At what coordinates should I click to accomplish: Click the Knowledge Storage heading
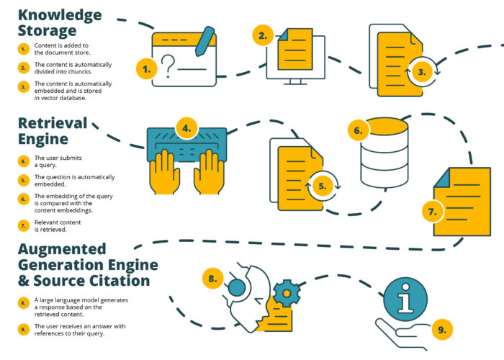pyautogui.click(x=60, y=23)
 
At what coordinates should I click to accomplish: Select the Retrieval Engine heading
pyautogui.click(x=53, y=131)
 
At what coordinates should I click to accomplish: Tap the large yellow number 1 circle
pyautogui.click(x=147, y=69)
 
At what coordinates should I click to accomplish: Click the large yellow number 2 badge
pyautogui.click(x=263, y=35)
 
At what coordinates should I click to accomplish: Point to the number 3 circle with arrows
pyautogui.click(x=422, y=72)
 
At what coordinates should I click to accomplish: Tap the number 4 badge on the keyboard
pyautogui.click(x=186, y=128)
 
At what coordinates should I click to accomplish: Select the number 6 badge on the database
pyautogui.click(x=359, y=130)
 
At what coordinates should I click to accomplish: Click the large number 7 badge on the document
pyautogui.click(x=432, y=212)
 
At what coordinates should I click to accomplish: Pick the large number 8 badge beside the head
pyautogui.click(x=213, y=279)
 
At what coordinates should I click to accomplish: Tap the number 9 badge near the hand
pyautogui.click(x=442, y=330)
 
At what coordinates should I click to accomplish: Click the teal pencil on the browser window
pyautogui.click(x=204, y=41)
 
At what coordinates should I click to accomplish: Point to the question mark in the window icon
pyautogui.click(x=168, y=66)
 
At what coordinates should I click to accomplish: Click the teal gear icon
pyautogui.click(x=287, y=293)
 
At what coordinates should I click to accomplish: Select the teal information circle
pyautogui.click(x=405, y=300)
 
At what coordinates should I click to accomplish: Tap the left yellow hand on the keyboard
pyautogui.click(x=165, y=172)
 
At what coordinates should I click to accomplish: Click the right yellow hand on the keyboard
pyautogui.click(x=209, y=172)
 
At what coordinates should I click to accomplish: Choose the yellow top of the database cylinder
pyautogui.click(x=384, y=126)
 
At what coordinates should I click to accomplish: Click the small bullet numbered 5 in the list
pyautogui.click(x=23, y=180)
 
